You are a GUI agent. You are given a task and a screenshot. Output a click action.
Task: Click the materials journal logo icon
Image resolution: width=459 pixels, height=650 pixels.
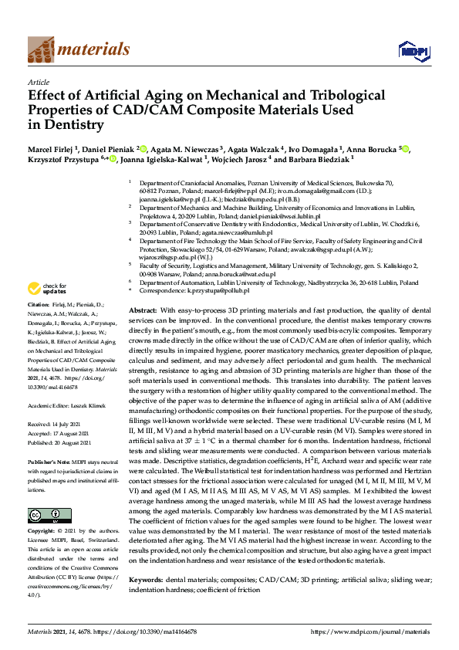[x=40, y=50]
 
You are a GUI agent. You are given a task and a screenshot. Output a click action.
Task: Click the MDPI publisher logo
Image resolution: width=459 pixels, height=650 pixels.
[x=412, y=52]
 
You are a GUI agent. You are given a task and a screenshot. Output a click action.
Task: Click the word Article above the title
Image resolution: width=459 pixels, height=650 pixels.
[x=38, y=82]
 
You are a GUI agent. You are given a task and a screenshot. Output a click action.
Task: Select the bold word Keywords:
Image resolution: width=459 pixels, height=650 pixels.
[x=145, y=578]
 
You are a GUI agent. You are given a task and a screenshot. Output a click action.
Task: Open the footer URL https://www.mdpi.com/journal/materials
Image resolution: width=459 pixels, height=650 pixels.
[x=369, y=631]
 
